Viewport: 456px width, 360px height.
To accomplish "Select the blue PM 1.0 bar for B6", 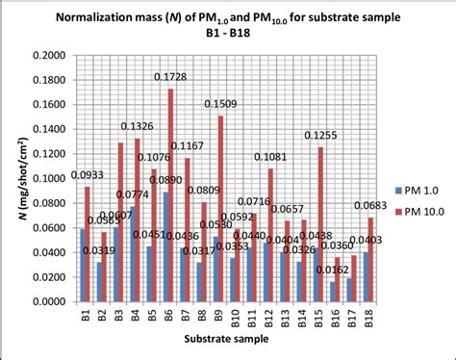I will [165, 246].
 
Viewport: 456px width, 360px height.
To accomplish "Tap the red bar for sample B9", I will [221, 209].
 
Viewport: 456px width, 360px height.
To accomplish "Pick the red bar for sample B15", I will [320, 224].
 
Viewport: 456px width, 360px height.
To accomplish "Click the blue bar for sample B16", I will [331, 291].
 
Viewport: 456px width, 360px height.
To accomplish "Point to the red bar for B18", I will [370, 259].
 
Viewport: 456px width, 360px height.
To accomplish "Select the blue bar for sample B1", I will [83, 265].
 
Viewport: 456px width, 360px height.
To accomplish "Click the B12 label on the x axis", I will [268, 317].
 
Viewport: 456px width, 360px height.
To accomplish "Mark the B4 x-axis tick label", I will [135, 315].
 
